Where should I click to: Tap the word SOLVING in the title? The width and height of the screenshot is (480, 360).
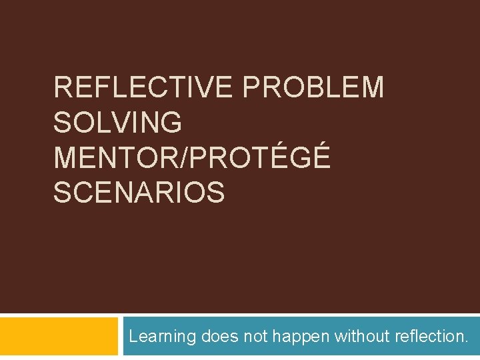(117, 123)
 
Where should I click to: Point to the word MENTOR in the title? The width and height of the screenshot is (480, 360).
(121, 158)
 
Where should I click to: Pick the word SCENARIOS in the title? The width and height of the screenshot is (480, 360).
(139, 193)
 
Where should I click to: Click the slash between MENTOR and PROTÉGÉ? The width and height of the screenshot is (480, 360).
(193, 158)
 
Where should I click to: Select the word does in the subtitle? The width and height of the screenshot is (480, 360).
(219, 337)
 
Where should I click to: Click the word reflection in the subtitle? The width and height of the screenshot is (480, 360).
(430, 337)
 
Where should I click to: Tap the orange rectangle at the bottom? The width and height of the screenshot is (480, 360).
(59, 336)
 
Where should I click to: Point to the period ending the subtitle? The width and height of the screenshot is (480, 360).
(466, 341)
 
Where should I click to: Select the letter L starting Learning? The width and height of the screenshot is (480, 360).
(133, 337)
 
